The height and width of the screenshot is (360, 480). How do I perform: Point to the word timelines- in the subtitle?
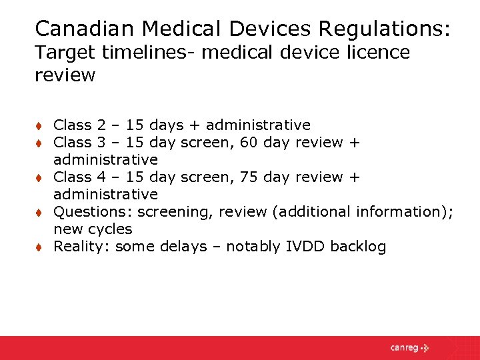click(141, 52)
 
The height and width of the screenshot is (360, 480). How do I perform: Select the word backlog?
click(358, 247)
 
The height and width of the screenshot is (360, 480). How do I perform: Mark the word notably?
click(253, 247)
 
